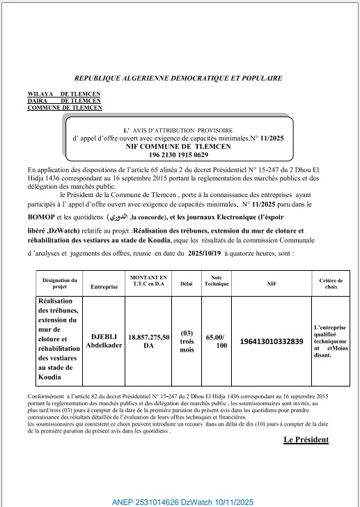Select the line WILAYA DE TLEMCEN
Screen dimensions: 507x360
63,93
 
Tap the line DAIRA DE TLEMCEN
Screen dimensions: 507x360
63,100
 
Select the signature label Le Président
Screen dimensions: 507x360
306,439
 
